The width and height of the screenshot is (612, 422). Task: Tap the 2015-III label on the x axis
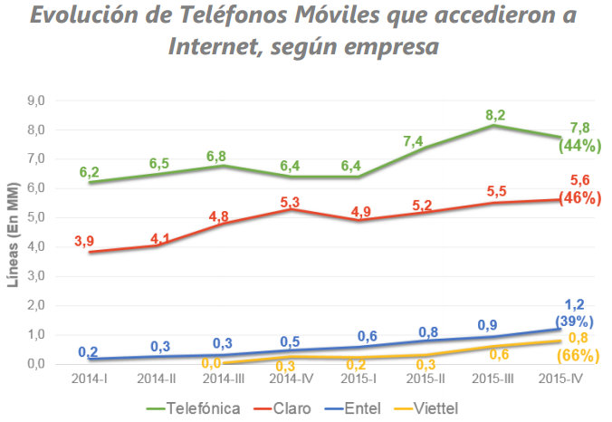[x=495, y=377]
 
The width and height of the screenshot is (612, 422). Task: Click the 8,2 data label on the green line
[x=495, y=113]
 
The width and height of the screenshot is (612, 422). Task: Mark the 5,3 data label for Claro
[x=292, y=202]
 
